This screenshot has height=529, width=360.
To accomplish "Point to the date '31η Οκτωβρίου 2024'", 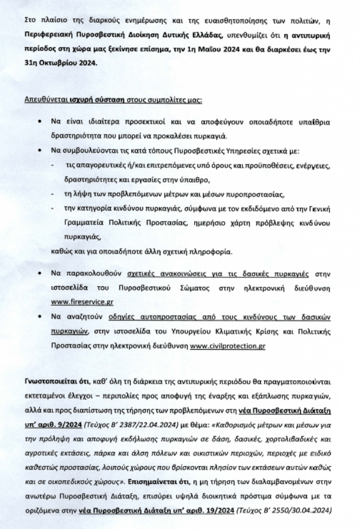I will [x=61, y=61].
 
